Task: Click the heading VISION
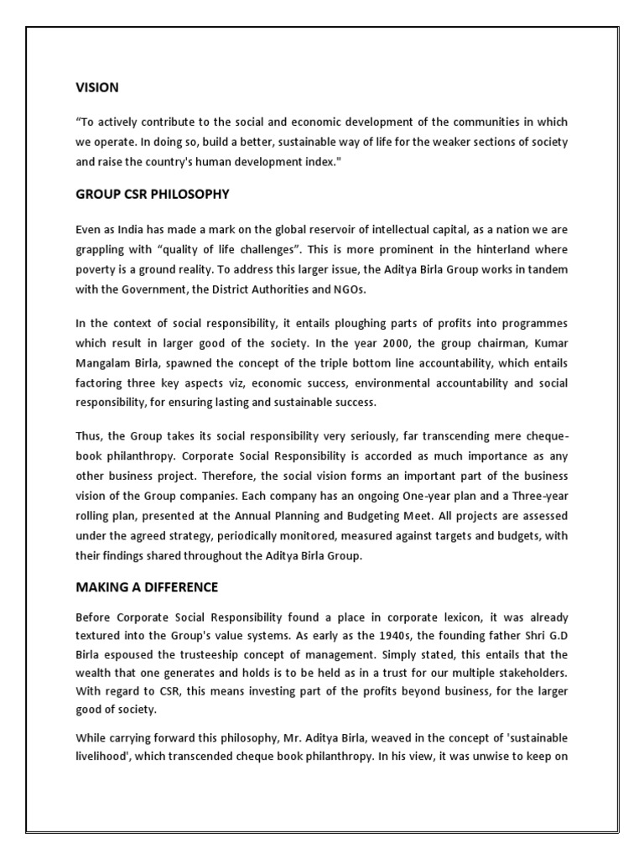point(96,87)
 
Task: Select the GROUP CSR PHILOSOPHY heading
point(152,195)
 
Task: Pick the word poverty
point(96,268)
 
